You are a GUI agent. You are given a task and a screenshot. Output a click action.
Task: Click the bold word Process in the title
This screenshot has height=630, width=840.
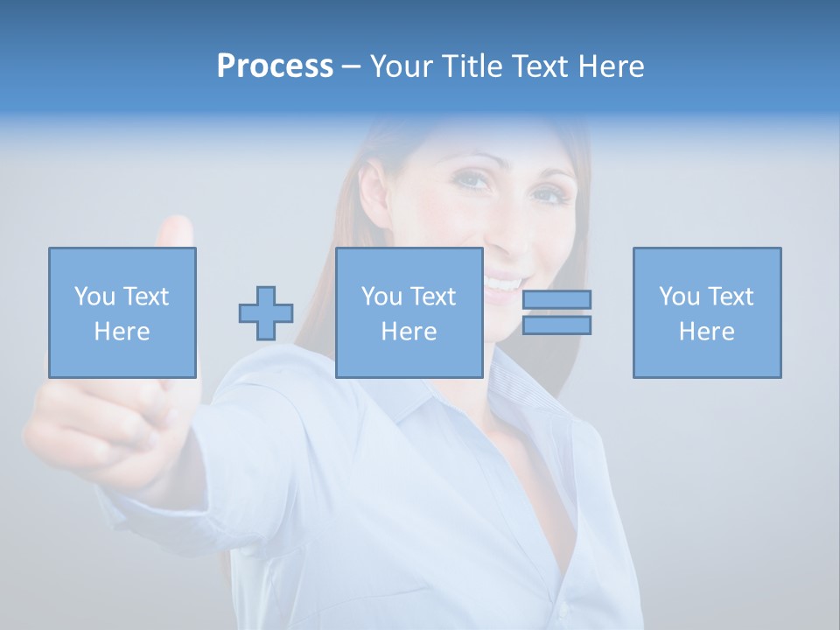(275, 66)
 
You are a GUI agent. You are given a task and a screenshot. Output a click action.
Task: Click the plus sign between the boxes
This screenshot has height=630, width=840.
(266, 313)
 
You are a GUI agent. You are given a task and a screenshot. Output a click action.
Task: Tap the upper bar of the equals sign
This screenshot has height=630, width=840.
(556, 299)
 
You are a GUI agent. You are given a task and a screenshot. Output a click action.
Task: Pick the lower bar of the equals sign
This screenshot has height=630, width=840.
(556, 325)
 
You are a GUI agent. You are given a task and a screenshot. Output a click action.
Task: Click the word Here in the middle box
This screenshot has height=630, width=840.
(409, 332)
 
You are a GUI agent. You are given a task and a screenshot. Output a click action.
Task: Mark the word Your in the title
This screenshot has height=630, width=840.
(402, 66)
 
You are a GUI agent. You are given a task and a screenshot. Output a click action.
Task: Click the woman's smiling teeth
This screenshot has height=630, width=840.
(500, 283)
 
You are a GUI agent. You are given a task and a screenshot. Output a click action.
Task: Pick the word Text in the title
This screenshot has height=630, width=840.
(537, 66)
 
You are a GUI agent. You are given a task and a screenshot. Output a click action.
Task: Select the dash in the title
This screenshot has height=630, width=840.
(351, 66)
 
